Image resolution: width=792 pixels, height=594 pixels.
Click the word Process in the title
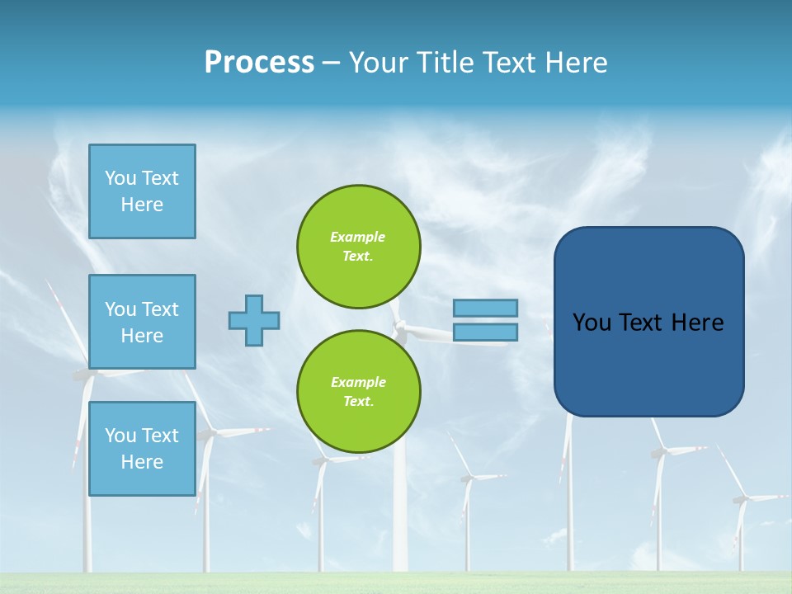259,62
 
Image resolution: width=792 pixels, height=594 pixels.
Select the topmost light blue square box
142,191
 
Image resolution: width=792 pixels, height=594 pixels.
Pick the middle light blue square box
142,322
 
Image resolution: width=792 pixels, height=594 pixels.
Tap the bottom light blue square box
142,448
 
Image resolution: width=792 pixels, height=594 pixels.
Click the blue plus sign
254,320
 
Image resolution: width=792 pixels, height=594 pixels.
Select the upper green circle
358,246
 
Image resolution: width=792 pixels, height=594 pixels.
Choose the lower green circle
358,391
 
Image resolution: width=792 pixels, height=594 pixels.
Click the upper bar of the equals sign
485,308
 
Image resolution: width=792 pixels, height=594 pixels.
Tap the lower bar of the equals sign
485,332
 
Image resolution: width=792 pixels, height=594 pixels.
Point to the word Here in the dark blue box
697,323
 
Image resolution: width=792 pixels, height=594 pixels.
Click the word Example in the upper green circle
357,237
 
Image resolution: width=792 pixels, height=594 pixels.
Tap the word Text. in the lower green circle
358,402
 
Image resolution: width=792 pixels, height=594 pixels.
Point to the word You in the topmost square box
120,178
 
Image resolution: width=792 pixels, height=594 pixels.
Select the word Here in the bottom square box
142,462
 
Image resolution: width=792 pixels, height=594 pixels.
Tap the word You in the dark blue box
592,323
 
